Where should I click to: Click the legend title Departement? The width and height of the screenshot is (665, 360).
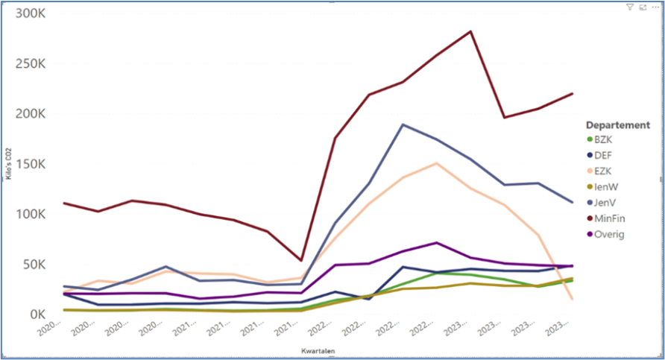(x=618, y=124)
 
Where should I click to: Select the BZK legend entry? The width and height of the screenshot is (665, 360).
(x=604, y=139)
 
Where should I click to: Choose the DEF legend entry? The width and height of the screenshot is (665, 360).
(x=604, y=155)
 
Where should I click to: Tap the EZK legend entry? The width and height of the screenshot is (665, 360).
(x=604, y=171)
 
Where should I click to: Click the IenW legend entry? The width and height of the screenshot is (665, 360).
(x=605, y=187)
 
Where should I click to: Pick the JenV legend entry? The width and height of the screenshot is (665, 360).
(x=605, y=203)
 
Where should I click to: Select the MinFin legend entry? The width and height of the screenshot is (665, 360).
(x=609, y=218)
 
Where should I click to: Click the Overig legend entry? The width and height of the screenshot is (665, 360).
(x=608, y=234)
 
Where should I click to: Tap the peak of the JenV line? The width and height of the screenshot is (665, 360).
(x=403, y=124)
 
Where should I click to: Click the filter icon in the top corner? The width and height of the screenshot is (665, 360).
(x=630, y=7)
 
